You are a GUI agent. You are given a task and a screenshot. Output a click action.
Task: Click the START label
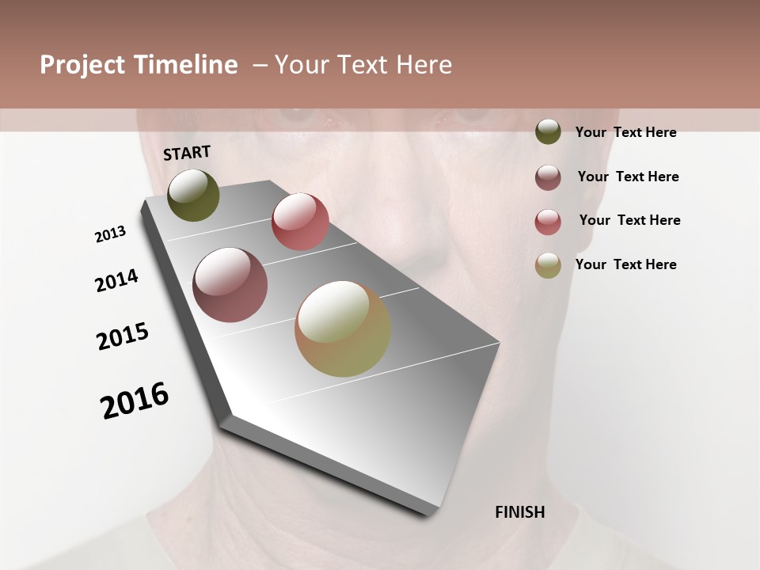pos(187,153)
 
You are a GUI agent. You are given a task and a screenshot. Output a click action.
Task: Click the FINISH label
pos(520,512)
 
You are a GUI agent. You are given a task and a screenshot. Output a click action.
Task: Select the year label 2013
pos(111,234)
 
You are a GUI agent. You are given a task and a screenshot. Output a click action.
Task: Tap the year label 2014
pos(116,280)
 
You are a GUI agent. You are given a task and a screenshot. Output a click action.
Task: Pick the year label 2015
pos(123,336)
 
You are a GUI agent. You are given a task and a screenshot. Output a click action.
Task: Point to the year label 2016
pos(135,400)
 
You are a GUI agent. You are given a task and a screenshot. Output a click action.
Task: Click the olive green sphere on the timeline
pos(193,195)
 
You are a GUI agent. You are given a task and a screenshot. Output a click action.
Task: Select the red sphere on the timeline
pos(300,221)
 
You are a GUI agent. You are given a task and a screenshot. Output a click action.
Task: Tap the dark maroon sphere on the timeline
pos(230,285)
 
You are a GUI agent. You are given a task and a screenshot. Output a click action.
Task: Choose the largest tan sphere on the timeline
pos(343,329)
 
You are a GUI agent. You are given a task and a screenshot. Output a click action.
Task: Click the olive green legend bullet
pos(548,131)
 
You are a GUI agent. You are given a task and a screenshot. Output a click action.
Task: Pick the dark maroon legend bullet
pos(548,177)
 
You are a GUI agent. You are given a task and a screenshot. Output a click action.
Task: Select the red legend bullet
pos(548,222)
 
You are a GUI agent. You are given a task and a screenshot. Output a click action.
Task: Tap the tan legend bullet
pos(548,265)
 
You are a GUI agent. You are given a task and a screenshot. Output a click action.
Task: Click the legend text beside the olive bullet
pos(625,132)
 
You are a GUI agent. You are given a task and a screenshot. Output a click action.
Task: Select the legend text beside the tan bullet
pos(625,264)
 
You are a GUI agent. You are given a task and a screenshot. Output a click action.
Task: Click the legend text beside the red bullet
pos(629,220)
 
